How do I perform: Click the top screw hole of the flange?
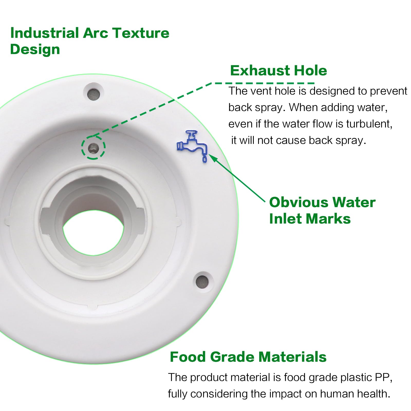pos(94,94)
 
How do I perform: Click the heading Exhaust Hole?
pos(278,71)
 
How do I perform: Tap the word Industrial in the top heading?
pos(44,33)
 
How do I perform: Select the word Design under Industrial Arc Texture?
pos(35,49)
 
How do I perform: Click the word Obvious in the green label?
pos(298,202)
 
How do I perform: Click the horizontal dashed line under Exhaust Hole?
pos(265,83)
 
